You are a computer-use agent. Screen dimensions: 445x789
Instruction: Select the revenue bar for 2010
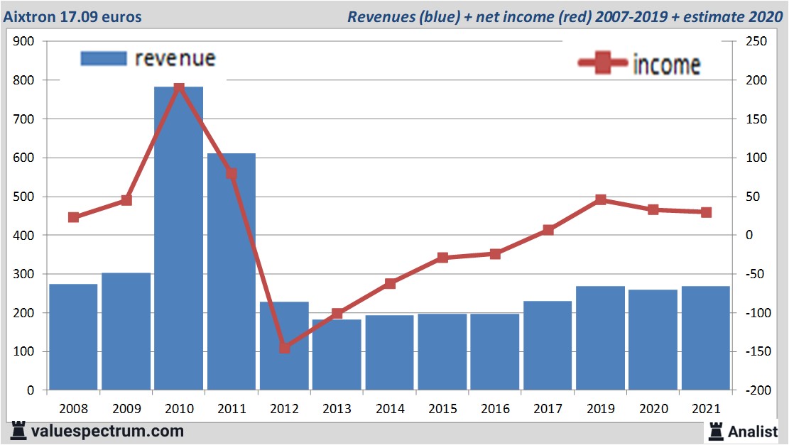[178, 238]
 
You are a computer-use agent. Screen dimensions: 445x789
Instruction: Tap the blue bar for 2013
[337, 354]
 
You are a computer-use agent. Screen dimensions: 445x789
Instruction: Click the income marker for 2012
[284, 348]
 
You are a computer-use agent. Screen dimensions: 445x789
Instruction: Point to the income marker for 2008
[73, 217]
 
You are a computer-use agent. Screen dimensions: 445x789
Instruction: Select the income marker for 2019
[601, 199]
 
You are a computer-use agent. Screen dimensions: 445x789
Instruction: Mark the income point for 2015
[442, 258]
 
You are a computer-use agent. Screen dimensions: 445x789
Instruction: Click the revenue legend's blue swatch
[104, 58]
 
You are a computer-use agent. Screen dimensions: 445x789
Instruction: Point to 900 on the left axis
[24, 42]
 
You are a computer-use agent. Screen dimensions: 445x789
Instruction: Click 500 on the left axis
[24, 197]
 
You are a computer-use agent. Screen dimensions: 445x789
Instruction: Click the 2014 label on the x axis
[390, 409]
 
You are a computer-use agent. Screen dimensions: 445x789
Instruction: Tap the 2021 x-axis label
[706, 409]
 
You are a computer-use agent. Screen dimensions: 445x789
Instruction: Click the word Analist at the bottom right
[753, 431]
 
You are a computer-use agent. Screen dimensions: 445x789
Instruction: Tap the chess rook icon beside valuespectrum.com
[19, 430]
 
